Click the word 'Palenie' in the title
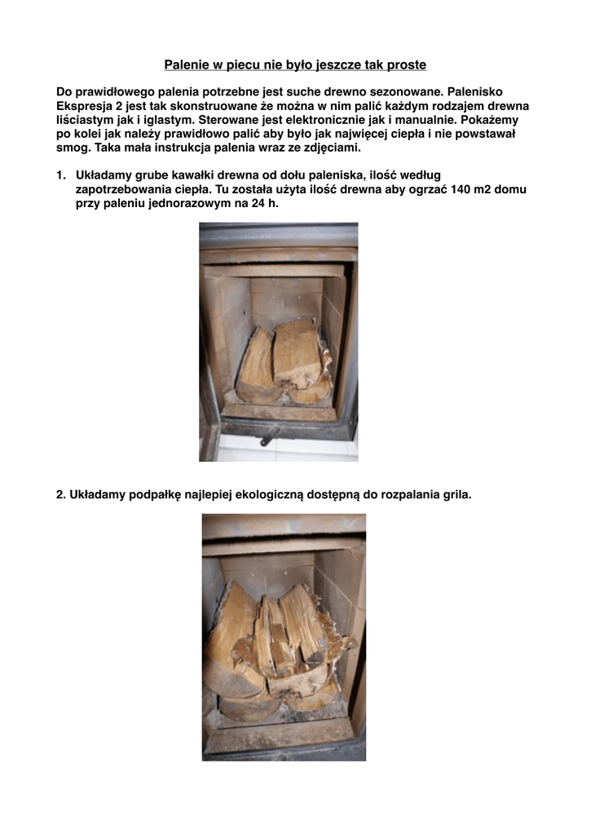[x=185, y=64]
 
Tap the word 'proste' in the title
[x=406, y=64]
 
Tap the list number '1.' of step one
[x=61, y=175]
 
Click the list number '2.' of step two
[x=61, y=494]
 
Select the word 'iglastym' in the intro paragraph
[x=155, y=121]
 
